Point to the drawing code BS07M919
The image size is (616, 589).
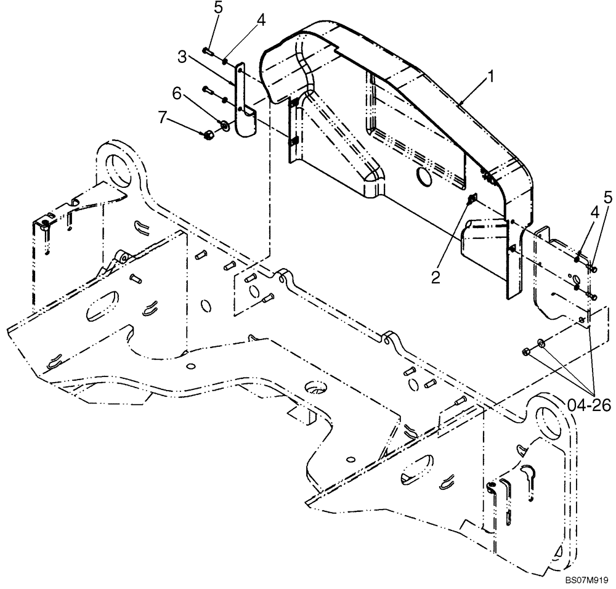coord(585,580)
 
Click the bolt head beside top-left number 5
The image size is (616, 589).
coord(206,51)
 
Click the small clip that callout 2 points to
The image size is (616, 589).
coord(473,198)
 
